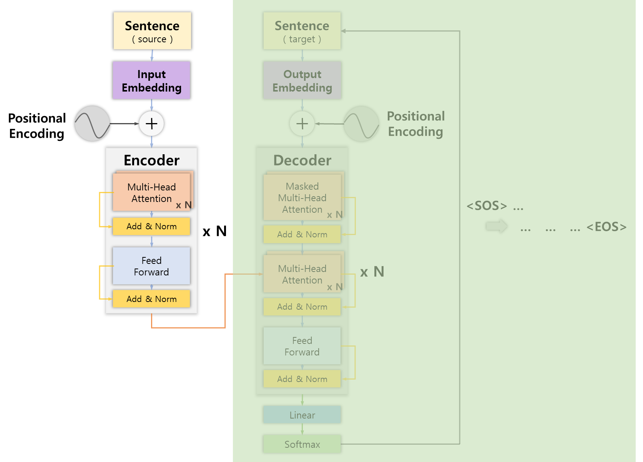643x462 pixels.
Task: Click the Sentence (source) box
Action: pyautogui.click(x=152, y=31)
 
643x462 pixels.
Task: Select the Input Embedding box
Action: pyautogui.click(x=151, y=80)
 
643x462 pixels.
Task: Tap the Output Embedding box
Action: pyautogui.click(x=302, y=80)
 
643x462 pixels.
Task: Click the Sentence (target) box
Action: pyautogui.click(x=302, y=31)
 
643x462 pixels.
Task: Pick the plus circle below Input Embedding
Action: pyautogui.click(x=151, y=124)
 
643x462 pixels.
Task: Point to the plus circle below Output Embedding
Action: pyautogui.click(x=302, y=124)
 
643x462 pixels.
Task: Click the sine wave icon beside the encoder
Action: pyautogui.click(x=92, y=123)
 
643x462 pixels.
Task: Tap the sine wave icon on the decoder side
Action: pyautogui.click(x=361, y=123)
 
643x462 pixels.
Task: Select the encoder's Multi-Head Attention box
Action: pyautogui.click(x=151, y=192)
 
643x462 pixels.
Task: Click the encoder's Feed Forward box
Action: pyautogui.click(x=151, y=266)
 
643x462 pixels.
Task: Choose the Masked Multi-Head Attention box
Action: pyautogui.click(x=302, y=197)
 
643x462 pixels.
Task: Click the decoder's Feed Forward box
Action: pyautogui.click(x=302, y=346)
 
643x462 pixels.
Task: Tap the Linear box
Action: pyautogui.click(x=302, y=415)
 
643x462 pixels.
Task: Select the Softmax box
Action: pyautogui.click(x=302, y=444)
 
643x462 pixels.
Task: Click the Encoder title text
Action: pyautogui.click(x=151, y=160)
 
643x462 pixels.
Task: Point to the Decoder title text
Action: pyautogui.click(x=302, y=160)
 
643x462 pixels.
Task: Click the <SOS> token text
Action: pyautogui.click(x=487, y=206)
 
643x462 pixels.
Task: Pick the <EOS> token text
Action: pyautogui.click(x=606, y=227)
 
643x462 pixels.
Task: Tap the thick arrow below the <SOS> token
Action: pyautogui.click(x=497, y=227)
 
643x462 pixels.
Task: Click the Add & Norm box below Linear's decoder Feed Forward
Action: pyautogui.click(x=302, y=379)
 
